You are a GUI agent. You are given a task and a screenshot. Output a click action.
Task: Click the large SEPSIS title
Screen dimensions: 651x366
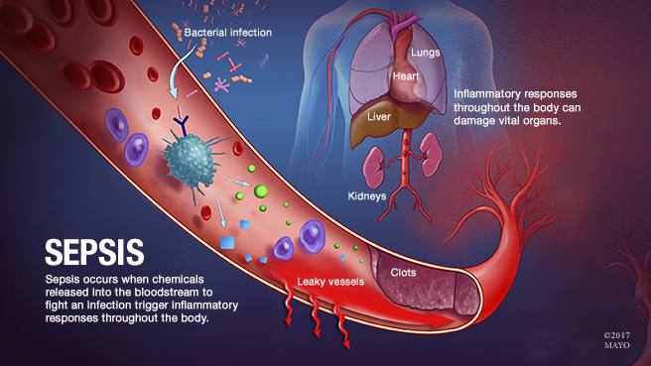[x=94, y=252]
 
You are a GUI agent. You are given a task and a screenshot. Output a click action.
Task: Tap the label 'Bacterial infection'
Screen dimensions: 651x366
[x=228, y=33]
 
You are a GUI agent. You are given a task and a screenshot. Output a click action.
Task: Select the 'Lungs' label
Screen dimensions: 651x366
[x=425, y=53]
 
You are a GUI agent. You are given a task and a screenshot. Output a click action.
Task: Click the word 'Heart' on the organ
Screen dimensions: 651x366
[x=406, y=76]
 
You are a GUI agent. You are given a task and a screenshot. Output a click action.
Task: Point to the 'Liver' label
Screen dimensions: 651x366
[x=379, y=117]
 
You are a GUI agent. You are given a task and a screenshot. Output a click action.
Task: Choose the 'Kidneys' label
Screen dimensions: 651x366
[x=367, y=195]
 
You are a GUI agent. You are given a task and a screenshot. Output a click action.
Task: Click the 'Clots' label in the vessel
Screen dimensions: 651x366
[x=403, y=273]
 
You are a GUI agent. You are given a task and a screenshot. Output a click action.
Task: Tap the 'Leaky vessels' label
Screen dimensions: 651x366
[x=330, y=282]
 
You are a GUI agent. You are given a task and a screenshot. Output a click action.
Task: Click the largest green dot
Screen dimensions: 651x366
[x=261, y=191]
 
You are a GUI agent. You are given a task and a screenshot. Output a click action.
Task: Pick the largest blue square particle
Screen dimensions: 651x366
[x=227, y=242]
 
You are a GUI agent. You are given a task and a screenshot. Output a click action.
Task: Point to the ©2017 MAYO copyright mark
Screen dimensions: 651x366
[x=617, y=340]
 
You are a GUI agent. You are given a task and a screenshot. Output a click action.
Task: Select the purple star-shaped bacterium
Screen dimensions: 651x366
[x=221, y=86]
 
